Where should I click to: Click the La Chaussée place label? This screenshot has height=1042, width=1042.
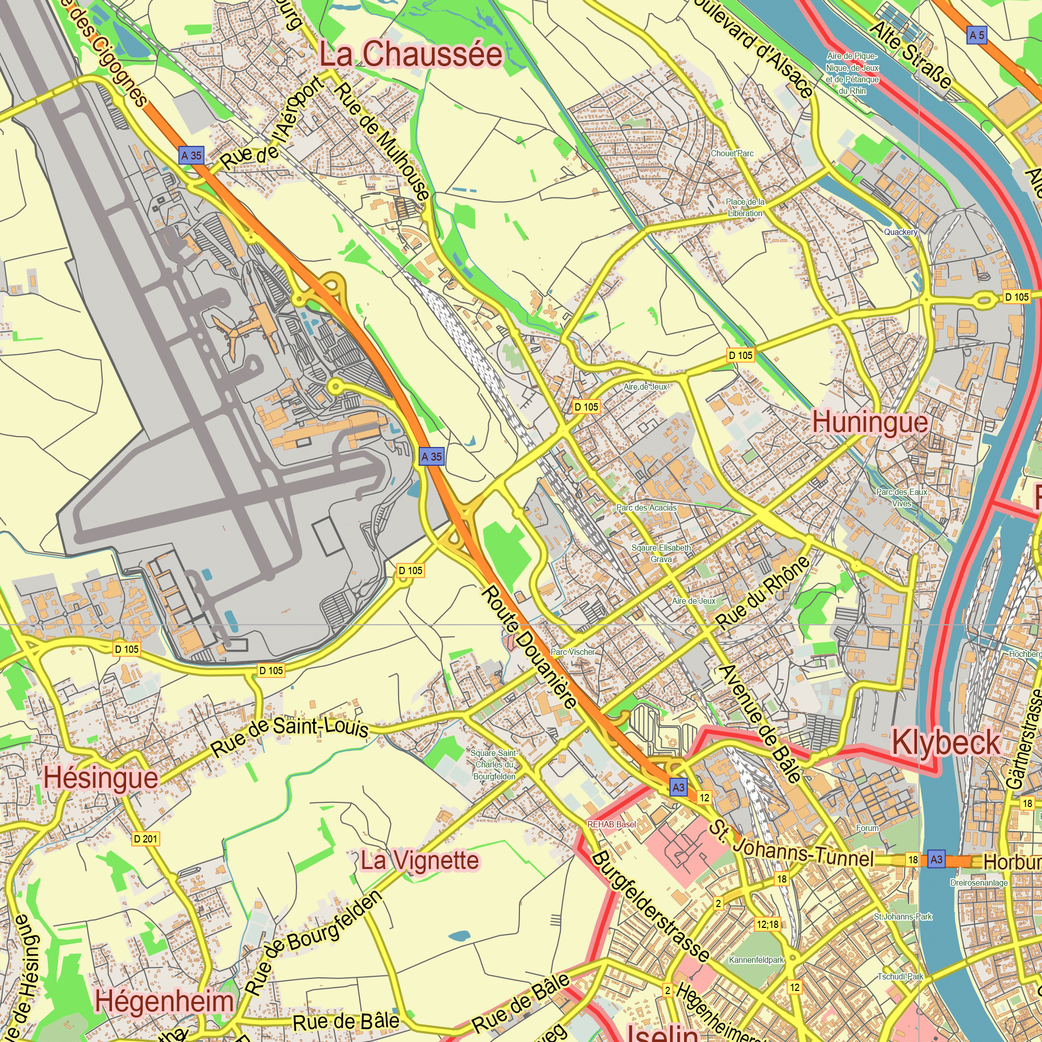coord(411,55)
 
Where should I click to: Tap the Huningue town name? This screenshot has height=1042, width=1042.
coord(870,423)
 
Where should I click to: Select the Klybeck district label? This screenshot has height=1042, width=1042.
coord(946,743)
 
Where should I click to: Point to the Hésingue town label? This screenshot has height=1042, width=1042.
coord(101,778)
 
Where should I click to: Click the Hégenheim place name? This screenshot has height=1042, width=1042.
coord(165,1002)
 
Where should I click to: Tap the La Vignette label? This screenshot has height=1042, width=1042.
coord(419,860)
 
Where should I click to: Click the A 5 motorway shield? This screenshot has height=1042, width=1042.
coord(977,35)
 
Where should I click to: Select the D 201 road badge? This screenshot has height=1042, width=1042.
coord(146,839)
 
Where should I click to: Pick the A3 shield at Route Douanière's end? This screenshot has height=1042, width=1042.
coord(678,787)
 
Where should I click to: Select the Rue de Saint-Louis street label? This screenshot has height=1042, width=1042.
coord(290,734)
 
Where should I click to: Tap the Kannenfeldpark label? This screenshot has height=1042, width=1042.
coord(756,960)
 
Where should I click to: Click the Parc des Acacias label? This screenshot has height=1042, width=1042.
coord(646,508)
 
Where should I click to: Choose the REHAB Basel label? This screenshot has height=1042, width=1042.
coord(612,825)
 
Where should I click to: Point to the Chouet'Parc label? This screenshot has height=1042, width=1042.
coord(732,154)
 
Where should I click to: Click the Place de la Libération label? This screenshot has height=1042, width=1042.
coord(745,208)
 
